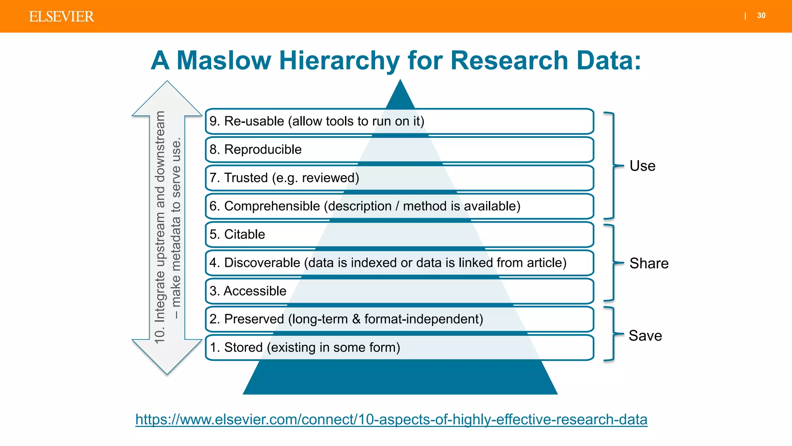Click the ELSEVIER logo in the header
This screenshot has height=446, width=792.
[61, 17]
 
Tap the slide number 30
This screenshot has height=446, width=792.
[761, 15]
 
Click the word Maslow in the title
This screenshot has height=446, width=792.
[224, 61]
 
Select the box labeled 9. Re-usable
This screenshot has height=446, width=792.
[399, 121]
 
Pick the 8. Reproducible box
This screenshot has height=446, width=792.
[399, 149]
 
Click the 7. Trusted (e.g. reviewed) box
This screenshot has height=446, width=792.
[399, 178]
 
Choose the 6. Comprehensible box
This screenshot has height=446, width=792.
[399, 206]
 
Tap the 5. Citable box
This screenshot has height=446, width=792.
[399, 234]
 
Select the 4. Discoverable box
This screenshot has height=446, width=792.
[399, 262]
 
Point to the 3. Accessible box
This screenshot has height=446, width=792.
[399, 291]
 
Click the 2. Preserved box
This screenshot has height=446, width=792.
[399, 319]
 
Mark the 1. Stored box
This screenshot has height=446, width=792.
[399, 347]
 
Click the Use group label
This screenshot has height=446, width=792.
[642, 166]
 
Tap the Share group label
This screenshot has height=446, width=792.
[649, 263]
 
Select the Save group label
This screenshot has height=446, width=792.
[645, 336]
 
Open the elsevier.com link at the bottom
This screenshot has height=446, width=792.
[391, 419]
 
